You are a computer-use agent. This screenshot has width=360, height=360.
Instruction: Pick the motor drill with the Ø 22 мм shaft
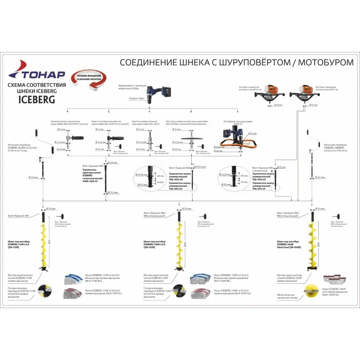(301, 96)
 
